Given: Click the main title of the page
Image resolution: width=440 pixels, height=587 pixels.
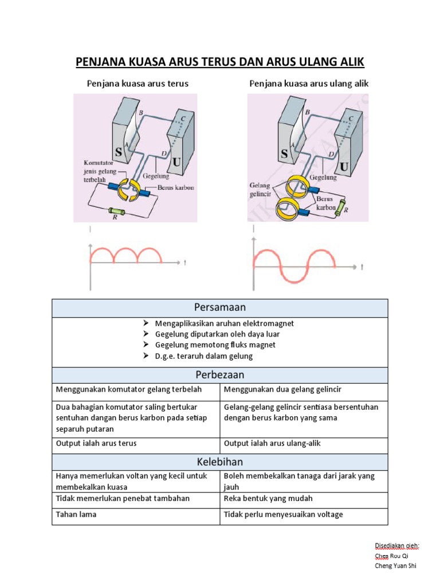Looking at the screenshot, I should (x=221, y=61).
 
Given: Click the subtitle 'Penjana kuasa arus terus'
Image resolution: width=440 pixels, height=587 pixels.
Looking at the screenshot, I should (x=137, y=84).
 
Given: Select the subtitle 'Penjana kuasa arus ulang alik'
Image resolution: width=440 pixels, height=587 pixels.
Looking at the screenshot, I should (x=309, y=84).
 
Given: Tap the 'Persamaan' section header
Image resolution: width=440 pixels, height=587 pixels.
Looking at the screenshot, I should (x=220, y=308).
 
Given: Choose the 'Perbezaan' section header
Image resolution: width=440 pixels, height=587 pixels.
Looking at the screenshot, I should (x=220, y=375).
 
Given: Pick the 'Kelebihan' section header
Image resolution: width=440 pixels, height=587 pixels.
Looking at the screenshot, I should (x=220, y=461).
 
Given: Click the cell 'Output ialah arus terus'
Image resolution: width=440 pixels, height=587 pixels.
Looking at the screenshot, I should (x=96, y=443).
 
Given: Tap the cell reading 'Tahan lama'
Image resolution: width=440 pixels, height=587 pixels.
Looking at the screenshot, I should (x=76, y=514).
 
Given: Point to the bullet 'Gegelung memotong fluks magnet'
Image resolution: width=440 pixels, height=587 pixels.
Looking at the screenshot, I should (x=215, y=345).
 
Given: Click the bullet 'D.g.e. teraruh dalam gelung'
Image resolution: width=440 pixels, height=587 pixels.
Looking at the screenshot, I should (x=203, y=356).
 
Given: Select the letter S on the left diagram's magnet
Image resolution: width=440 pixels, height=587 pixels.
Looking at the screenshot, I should (x=119, y=152).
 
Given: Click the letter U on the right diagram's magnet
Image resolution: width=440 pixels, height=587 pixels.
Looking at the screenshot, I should (x=344, y=167).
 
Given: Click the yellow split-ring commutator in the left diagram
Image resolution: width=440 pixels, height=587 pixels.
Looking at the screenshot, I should (x=134, y=190).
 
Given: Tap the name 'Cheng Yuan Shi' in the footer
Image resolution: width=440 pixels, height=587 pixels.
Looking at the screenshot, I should (x=395, y=566).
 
